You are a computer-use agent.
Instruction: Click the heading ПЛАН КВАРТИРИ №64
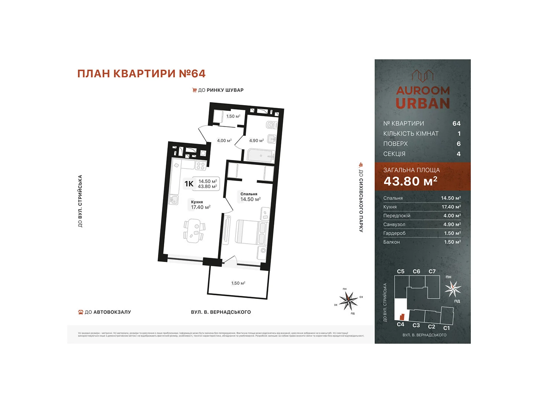point(141,74)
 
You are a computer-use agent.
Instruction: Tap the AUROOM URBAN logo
point(423,90)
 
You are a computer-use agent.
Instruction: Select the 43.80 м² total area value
point(410,181)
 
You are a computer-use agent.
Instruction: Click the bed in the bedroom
point(251,232)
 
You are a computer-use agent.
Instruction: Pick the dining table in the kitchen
point(194,230)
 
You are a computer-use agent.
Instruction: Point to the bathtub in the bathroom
point(261,156)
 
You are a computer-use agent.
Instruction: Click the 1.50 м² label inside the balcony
point(238,283)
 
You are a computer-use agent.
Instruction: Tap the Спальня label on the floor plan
point(249,194)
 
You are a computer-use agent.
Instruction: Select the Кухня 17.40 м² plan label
point(200,205)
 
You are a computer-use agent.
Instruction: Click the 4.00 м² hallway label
point(224,140)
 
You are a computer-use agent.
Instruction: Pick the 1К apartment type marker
point(189,184)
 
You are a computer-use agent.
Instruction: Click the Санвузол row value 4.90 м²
point(452,224)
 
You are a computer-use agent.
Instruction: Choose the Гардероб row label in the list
point(394,233)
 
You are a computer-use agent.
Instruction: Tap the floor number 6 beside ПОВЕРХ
point(458,144)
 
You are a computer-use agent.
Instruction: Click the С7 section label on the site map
point(432,271)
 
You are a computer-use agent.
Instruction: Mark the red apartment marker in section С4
point(401,317)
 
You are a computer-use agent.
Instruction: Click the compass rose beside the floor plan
point(348,301)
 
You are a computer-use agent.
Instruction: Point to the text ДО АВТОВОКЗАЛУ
point(108,312)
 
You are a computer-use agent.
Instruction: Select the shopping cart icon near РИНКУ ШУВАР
point(194,90)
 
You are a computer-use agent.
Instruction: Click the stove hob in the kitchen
point(201,166)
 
